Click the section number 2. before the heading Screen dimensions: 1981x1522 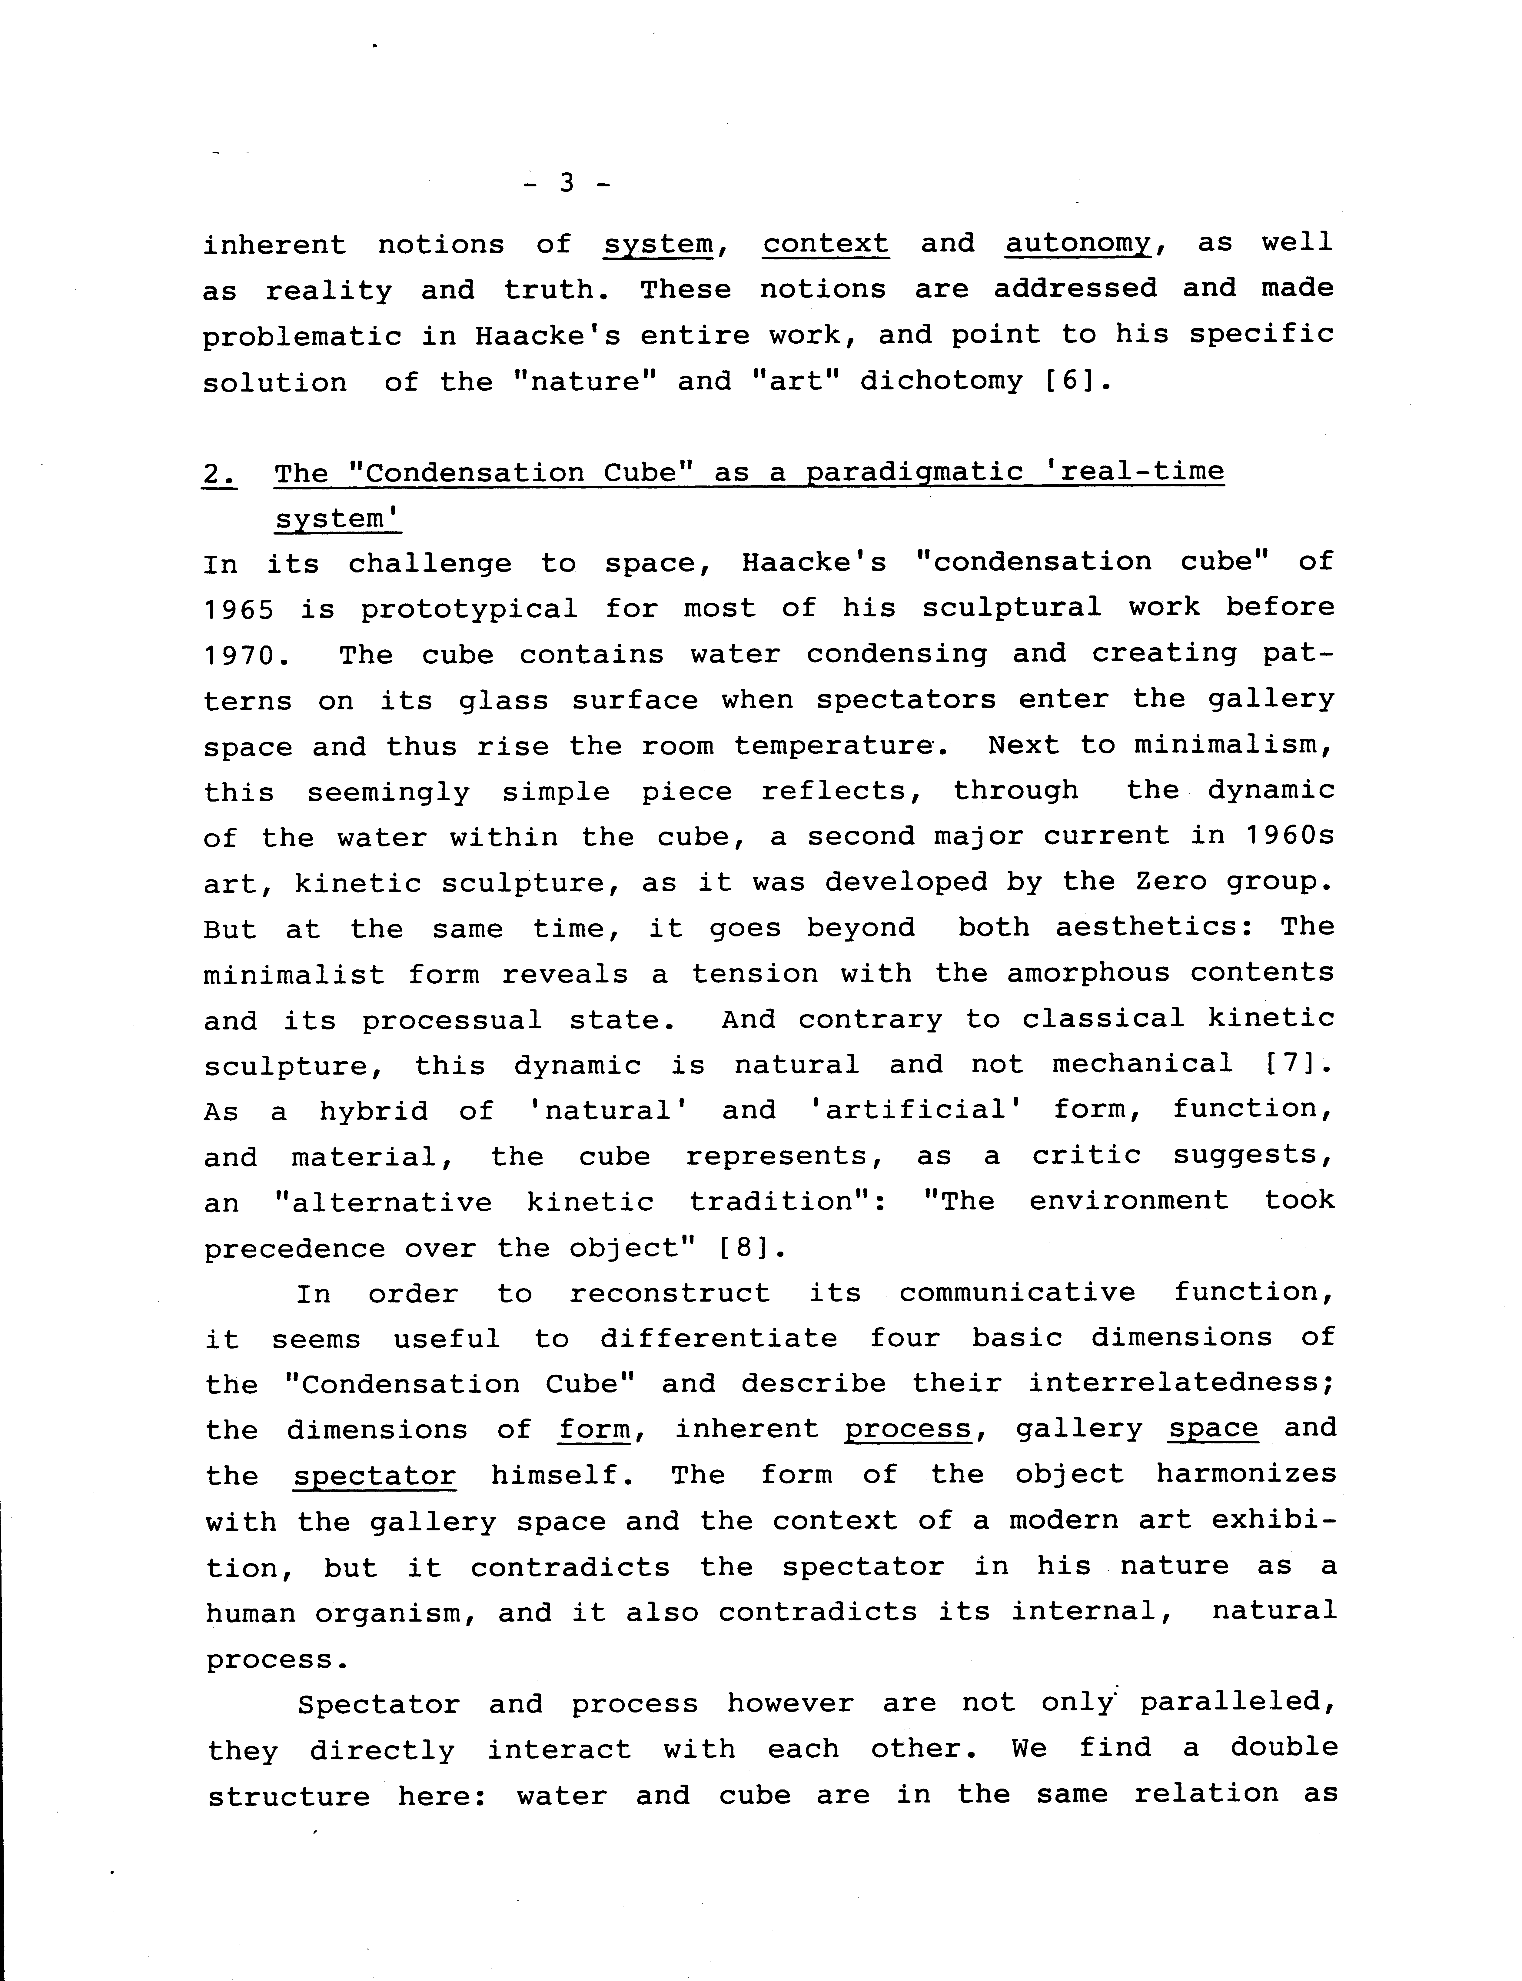[x=219, y=473]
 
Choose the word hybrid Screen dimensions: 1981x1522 [x=373, y=1110]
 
